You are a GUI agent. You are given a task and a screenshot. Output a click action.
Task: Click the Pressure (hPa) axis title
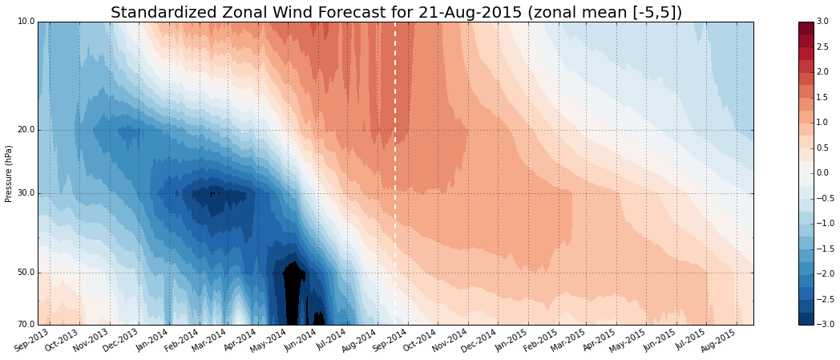coord(9,173)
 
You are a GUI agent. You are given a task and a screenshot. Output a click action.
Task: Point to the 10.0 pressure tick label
coord(25,22)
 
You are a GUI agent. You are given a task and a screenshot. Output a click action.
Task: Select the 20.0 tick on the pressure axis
coord(25,130)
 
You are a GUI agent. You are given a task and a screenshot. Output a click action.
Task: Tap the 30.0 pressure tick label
coord(25,193)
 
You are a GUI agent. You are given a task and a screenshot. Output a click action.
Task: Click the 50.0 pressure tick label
coord(25,273)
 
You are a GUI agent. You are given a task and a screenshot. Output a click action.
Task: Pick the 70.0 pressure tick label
coord(25,325)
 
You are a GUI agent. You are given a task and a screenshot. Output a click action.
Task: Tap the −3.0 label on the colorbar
coord(825,325)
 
